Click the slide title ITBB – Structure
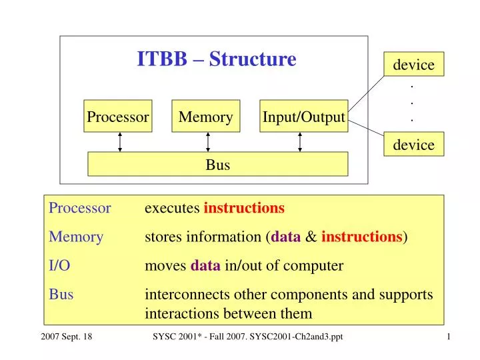point(217,59)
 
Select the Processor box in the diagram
point(118,117)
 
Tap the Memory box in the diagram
point(205,117)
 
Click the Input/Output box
point(303,117)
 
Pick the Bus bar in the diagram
point(217,164)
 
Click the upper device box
point(413,65)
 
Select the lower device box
point(413,145)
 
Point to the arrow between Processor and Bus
point(120,142)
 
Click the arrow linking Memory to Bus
point(208,142)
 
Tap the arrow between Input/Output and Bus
point(300,142)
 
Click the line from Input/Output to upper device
point(367,91)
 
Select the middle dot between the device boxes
point(413,103)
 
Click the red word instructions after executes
point(244,208)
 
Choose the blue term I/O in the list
point(59,266)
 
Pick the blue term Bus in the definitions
point(61,295)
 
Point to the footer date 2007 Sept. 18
point(61,337)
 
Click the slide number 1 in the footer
point(449,337)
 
